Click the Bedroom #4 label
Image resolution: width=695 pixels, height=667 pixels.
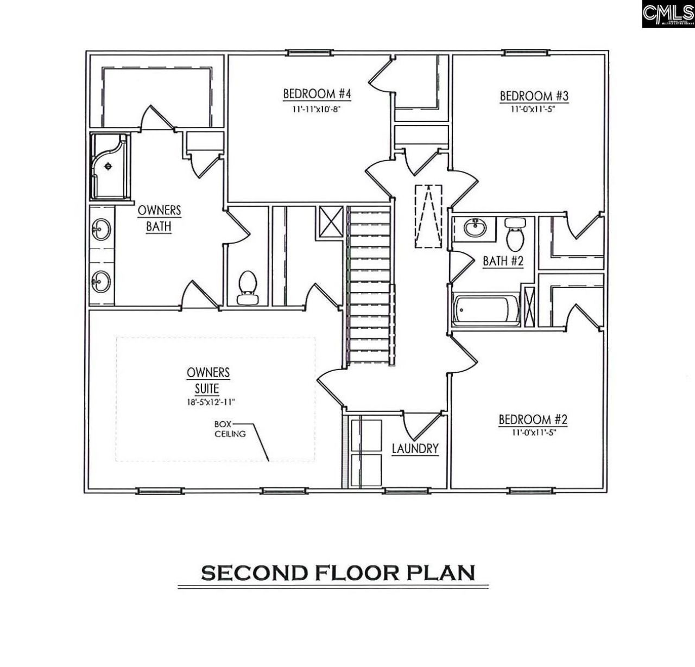317,94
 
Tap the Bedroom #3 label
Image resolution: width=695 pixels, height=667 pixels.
534,96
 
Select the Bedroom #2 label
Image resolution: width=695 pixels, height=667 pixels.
533,420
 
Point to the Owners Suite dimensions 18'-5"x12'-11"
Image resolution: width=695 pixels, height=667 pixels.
208,402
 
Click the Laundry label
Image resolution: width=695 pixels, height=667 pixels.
415,448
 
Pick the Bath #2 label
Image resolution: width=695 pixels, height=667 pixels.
503,261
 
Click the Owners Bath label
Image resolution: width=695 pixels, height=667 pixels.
159,218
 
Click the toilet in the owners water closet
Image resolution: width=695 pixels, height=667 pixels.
248,287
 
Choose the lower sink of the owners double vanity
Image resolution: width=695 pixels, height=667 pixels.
100,281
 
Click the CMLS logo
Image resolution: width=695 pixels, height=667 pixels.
668,15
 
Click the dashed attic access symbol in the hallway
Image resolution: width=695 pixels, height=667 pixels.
429,217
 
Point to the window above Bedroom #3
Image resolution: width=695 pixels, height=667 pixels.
525,52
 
